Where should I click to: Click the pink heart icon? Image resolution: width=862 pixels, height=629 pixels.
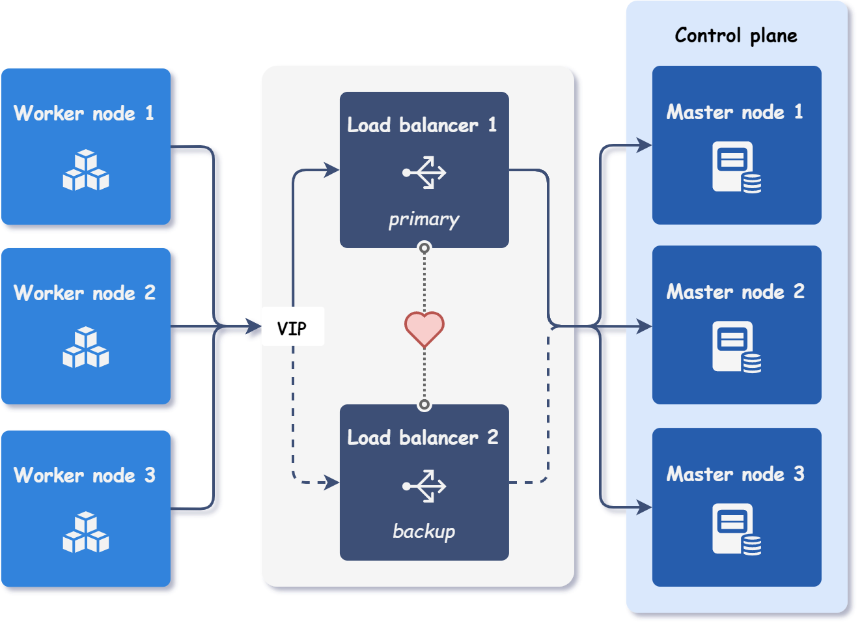click(424, 328)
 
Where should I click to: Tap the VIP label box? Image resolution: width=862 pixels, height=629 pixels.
click(292, 328)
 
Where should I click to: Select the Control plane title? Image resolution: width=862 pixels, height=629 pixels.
click(736, 35)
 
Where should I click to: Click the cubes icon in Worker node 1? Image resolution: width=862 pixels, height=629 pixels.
click(86, 171)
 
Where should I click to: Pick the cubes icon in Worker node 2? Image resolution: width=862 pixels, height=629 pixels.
click(86, 348)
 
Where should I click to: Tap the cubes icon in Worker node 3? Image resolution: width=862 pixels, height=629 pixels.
click(86, 533)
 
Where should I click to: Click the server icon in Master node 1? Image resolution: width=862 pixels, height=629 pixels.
click(736, 168)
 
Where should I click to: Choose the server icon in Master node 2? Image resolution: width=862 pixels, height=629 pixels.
click(736, 347)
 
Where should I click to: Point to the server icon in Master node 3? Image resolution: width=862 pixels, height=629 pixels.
click(736, 529)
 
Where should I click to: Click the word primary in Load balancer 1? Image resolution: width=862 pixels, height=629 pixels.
click(424, 219)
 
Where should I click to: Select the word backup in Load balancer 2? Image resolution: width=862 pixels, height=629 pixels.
click(424, 531)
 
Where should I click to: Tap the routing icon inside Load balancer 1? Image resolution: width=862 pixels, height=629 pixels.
click(424, 173)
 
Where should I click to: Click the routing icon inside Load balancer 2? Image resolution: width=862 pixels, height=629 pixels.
click(424, 486)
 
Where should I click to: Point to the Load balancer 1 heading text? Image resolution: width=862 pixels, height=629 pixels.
click(422, 124)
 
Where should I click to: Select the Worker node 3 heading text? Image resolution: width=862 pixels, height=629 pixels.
click(85, 475)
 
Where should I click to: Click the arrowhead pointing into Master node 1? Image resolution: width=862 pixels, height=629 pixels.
click(644, 145)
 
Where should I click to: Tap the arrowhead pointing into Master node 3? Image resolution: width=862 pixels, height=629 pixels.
click(644, 507)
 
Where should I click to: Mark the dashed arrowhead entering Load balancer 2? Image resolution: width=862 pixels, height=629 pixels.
click(332, 482)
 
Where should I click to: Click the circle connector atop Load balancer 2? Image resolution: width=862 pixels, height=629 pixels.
click(424, 405)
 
